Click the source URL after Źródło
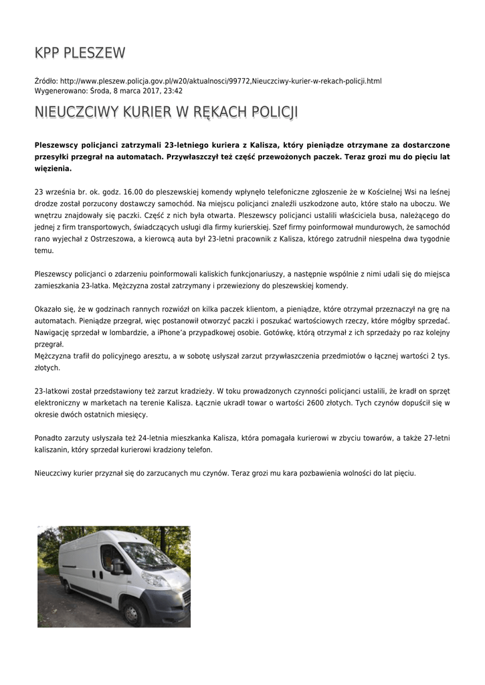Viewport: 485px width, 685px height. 221,81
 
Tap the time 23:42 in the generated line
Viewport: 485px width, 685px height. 173,91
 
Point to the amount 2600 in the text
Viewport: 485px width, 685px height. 315,403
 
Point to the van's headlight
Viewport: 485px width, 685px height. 155,579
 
